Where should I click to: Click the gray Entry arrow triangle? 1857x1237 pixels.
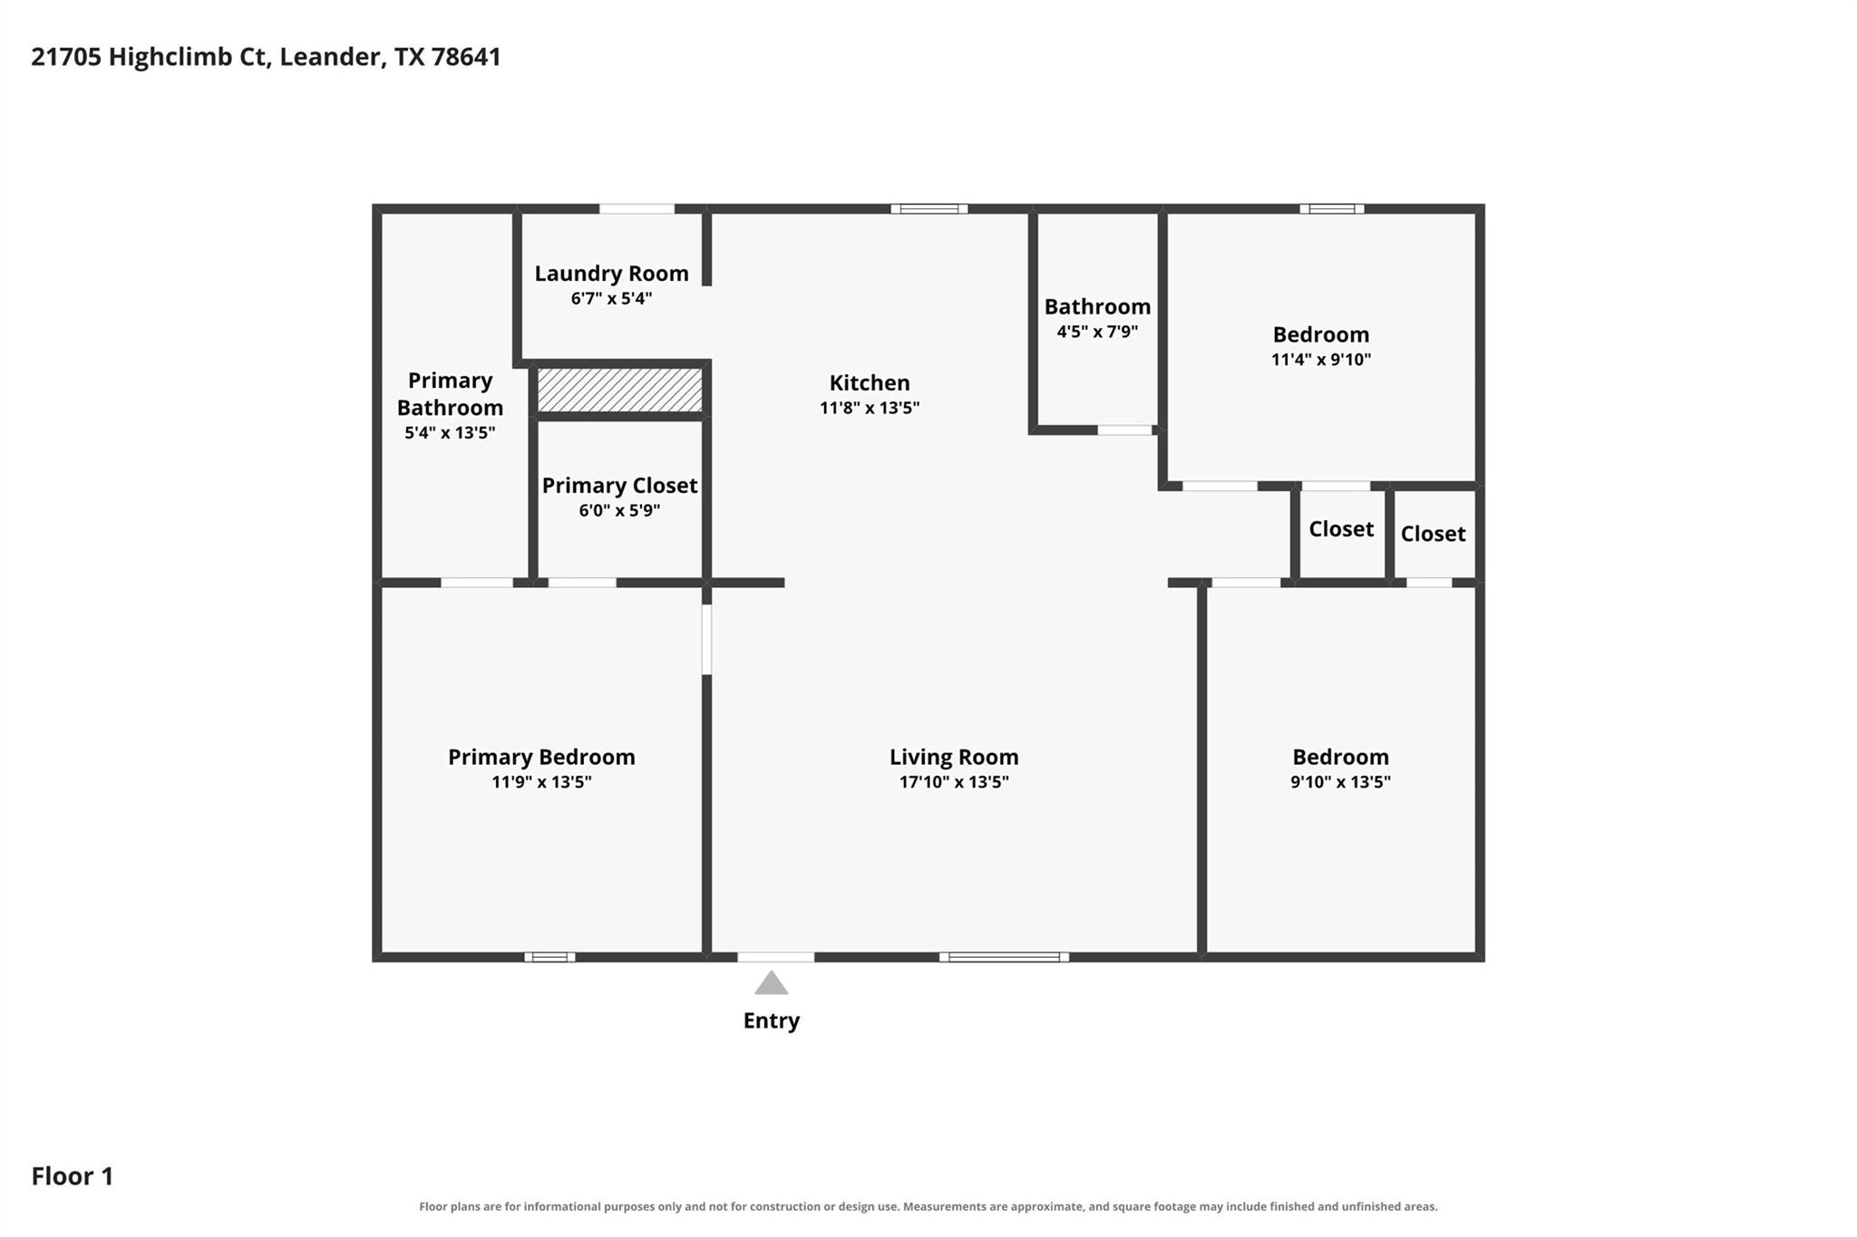[x=771, y=982]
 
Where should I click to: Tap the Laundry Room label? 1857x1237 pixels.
[x=611, y=274]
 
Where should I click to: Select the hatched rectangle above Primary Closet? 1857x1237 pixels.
[x=620, y=389]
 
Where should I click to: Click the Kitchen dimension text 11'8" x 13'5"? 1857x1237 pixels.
[x=870, y=408]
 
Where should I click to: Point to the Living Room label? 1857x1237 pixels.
[x=954, y=758]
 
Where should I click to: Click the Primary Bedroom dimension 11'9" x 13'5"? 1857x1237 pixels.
[x=541, y=782]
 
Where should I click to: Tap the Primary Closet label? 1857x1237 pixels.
[x=620, y=486]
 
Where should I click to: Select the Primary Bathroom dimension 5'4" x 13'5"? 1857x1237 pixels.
[x=450, y=433]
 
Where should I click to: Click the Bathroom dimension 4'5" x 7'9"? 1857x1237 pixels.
[x=1097, y=332]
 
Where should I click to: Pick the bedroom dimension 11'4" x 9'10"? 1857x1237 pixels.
[x=1321, y=360]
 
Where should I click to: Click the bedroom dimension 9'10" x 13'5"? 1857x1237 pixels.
[x=1340, y=782]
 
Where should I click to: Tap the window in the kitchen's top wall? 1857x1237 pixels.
[x=928, y=209]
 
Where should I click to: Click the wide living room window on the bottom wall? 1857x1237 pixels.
[x=1004, y=957]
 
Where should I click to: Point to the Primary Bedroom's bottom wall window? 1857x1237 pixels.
[x=549, y=957]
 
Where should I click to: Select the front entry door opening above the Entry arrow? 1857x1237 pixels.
[x=776, y=957]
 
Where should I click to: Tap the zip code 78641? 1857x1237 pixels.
[x=466, y=57]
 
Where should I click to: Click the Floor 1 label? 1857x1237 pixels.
[x=73, y=1176]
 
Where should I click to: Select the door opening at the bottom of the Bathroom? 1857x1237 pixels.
[x=1125, y=430]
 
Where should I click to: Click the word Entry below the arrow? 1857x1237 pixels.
[x=772, y=1021]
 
